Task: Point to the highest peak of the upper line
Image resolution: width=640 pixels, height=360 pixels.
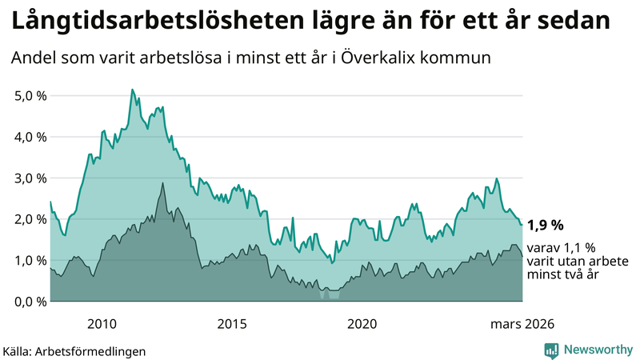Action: coord(132,90)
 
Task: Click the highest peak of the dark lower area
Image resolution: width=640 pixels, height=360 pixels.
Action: coord(163,183)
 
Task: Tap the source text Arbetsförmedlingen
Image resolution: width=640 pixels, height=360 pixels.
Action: coord(91,350)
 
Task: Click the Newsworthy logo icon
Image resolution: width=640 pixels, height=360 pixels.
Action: coord(551,350)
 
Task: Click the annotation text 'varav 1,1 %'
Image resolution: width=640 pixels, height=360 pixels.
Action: coord(560,248)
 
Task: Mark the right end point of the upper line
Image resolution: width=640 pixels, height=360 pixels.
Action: coord(522,224)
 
